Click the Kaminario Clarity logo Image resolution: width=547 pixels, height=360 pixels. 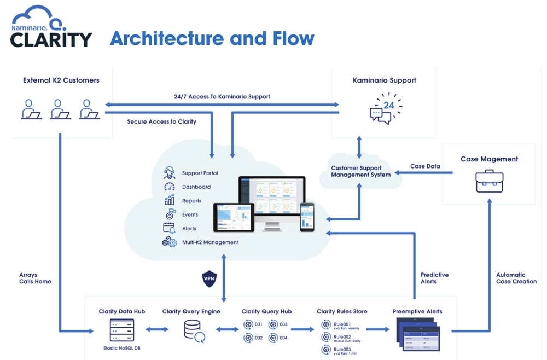pyautogui.click(x=51, y=27)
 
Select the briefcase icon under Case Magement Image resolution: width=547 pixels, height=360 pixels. pyautogui.click(x=489, y=181)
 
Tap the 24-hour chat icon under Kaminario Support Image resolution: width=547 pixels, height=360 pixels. pyautogui.click(x=385, y=108)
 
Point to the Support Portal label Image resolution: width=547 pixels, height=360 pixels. pyautogui.click(x=200, y=173)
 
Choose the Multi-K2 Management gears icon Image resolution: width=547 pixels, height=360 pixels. pyautogui.click(x=169, y=242)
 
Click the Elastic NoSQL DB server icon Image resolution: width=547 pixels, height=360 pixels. pyautogui.click(x=121, y=330)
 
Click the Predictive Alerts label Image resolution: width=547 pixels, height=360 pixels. pyautogui.click(x=434, y=278)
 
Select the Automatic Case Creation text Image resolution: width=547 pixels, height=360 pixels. pyautogui.click(x=516, y=278)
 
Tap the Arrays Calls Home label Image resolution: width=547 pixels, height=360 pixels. pyautogui.click(x=35, y=278)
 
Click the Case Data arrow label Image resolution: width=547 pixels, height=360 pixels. pyautogui.click(x=425, y=166)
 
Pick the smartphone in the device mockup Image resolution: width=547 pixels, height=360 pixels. pyautogui.click(x=307, y=217)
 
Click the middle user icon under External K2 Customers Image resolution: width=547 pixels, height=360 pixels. pyautogui.click(x=60, y=109)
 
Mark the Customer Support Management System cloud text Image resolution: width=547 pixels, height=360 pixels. pyautogui.click(x=360, y=171)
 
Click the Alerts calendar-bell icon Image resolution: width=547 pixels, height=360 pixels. pyautogui.click(x=169, y=228)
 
